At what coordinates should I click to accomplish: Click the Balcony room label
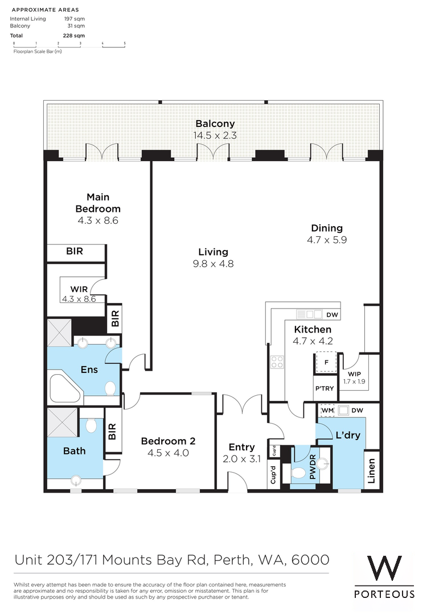[x=215, y=124]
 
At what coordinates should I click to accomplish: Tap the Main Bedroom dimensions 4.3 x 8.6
[x=98, y=220]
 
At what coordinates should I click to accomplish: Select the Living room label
[x=213, y=252]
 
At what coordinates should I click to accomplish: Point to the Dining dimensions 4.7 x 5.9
[x=327, y=240]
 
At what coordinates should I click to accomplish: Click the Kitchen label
[x=313, y=330]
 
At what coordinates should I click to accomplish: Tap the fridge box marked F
[x=326, y=362]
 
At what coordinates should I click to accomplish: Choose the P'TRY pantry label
[x=325, y=388]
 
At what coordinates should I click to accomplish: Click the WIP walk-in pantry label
[x=354, y=374]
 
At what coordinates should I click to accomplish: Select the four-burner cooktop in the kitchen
[x=277, y=362]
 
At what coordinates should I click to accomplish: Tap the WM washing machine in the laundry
[x=327, y=410]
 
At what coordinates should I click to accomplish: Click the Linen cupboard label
[x=371, y=471]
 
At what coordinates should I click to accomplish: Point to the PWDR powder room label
[x=313, y=467]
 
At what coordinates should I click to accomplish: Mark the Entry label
[x=241, y=447]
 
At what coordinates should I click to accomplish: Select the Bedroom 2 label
[x=168, y=441]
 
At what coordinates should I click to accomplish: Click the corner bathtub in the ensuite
[x=66, y=388]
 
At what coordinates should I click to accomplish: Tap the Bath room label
[x=74, y=451]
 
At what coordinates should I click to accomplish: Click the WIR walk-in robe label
[x=79, y=289]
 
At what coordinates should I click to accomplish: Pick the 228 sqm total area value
[x=74, y=35]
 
